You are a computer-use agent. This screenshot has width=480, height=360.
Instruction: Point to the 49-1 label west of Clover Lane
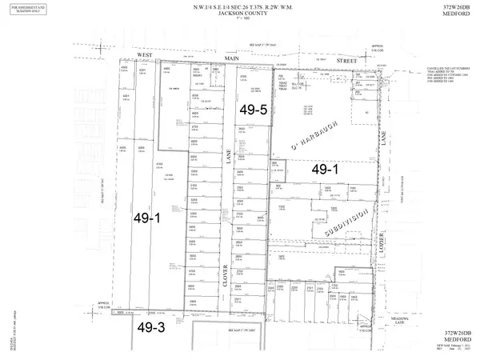tap(146, 217)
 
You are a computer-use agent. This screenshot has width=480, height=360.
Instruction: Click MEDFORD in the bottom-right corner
tap(454, 340)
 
